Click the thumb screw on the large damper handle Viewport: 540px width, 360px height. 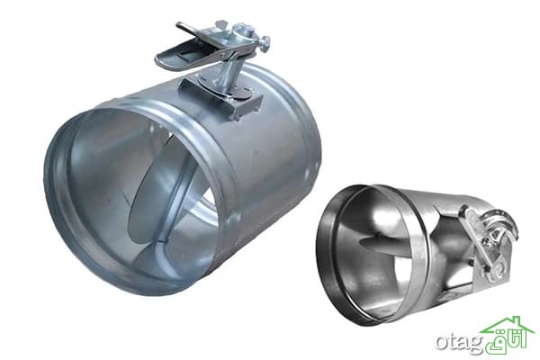265,41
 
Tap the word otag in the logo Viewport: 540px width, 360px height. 459,344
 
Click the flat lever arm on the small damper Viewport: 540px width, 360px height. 476,238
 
